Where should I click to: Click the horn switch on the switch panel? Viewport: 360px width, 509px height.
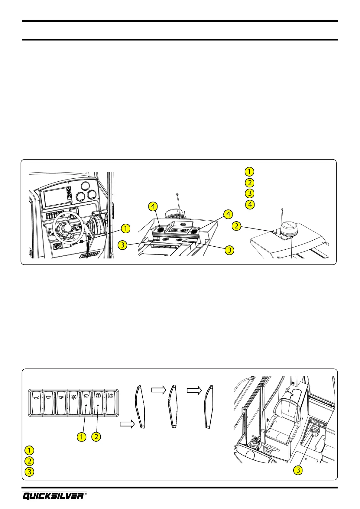(36, 403)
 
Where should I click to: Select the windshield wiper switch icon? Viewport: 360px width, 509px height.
(86, 403)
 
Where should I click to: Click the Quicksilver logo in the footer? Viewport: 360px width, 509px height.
(53, 496)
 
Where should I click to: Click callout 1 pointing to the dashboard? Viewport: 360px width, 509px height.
(126, 229)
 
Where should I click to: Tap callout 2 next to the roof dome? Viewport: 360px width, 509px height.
(237, 225)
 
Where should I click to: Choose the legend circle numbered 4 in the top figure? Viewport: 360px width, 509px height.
(250, 204)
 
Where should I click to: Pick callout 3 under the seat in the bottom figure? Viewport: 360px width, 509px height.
(298, 470)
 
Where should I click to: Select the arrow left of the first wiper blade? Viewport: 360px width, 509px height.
(127, 424)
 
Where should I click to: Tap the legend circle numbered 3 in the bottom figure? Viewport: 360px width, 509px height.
(29, 472)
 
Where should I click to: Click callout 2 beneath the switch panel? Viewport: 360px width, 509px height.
(96, 436)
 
